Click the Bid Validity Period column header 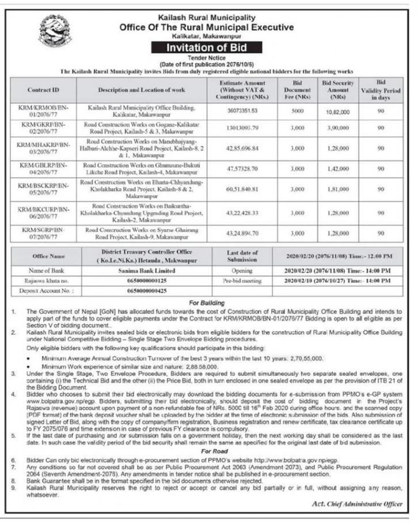pyautogui.click(x=381, y=90)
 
